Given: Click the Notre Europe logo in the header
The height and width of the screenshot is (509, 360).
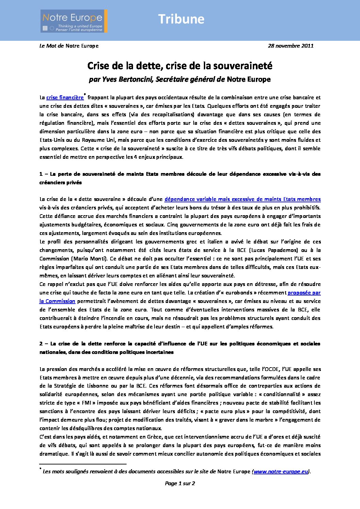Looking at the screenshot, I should pyautogui.click(x=74, y=21).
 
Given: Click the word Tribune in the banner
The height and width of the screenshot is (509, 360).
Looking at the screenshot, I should pyautogui.click(x=181, y=19).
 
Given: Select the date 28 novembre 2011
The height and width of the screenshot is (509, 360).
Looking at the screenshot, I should pyautogui.click(x=291, y=46).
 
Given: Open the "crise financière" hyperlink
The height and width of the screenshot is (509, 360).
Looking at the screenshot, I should pyautogui.click(x=65, y=98).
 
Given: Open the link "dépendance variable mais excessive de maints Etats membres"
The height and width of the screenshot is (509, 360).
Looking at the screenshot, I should pyautogui.click(x=242, y=199).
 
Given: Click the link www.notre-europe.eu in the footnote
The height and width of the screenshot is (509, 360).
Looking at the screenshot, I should pyautogui.click(x=281, y=472).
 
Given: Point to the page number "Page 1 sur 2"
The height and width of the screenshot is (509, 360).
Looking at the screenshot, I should pyautogui.click(x=180, y=483).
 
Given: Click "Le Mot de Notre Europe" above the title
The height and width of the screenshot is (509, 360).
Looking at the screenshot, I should pyautogui.click(x=69, y=46).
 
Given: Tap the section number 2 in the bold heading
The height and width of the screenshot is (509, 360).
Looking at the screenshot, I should pyautogui.click(x=41, y=344).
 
